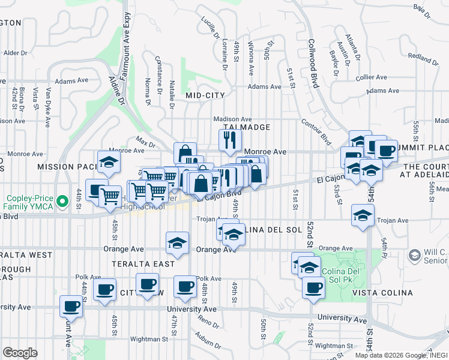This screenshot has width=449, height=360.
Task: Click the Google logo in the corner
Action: point(20,353)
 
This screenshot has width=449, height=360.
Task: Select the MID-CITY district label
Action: point(205,95)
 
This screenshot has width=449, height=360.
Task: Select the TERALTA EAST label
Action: point(147,264)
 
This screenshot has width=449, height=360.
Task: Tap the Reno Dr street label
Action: point(209,322)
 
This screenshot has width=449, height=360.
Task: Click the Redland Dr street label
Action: point(423,59)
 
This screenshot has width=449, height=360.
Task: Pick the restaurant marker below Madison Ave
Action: point(229,141)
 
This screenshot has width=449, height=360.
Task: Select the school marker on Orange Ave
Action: point(177,242)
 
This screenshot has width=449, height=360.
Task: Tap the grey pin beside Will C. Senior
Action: point(414,256)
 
